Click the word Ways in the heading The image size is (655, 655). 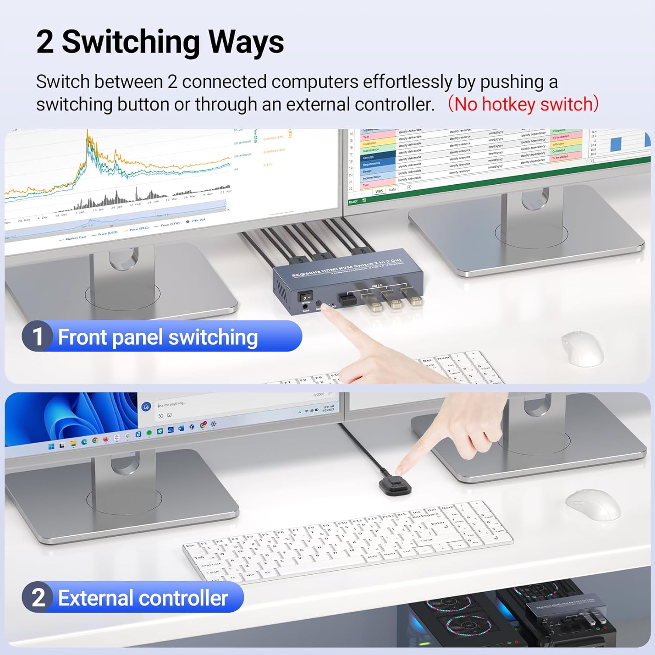246,42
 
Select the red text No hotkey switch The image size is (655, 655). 523,104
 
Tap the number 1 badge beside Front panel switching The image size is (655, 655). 38,337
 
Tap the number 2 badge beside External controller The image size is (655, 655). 38,597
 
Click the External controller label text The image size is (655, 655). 143,598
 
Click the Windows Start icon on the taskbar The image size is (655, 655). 51,446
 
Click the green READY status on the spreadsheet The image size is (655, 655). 353,202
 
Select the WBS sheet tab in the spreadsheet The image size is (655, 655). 379,191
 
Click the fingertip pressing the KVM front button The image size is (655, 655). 325,308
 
